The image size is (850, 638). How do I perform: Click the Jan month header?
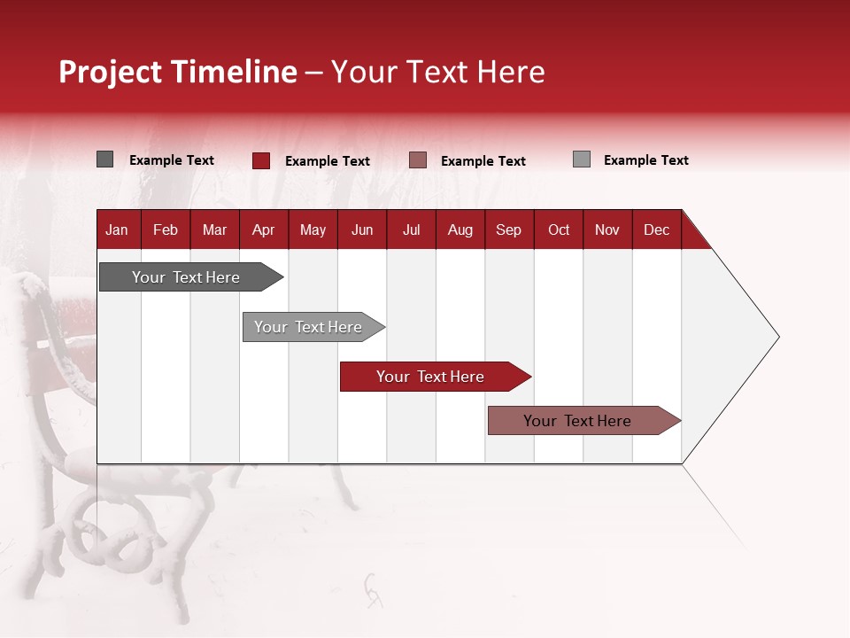[x=117, y=230]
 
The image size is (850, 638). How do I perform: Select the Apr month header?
[x=263, y=230]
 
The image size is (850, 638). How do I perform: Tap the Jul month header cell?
[x=411, y=230]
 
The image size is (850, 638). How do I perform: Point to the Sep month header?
[x=508, y=230]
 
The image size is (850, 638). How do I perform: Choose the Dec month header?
[x=656, y=230]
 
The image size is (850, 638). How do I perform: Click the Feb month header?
[x=166, y=230]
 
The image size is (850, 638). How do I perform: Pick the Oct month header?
[x=559, y=230]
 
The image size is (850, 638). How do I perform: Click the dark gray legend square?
[x=104, y=159]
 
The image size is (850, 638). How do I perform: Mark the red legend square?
[x=261, y=160]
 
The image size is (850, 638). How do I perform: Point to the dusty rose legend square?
[x=418, y=159]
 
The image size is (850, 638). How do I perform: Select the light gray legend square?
[x=581, y=159]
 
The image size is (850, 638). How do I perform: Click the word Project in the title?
[x=111, y=72]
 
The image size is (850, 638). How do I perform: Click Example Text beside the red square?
[x=328, y=161]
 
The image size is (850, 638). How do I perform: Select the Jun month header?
[x=362, y=230]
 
